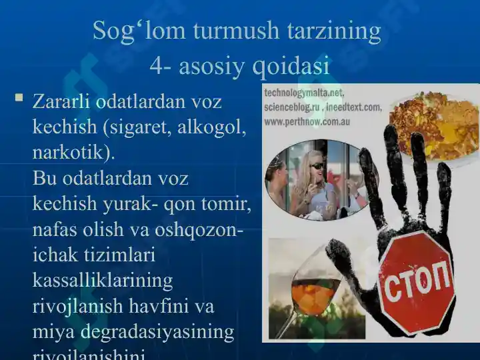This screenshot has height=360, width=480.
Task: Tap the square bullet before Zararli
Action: pyautogui.click(x=19, y=99)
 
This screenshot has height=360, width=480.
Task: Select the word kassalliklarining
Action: pyautogui.click(x=103, y=280)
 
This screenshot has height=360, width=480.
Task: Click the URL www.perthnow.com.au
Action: pyautogui.click(x=306, y=122)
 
